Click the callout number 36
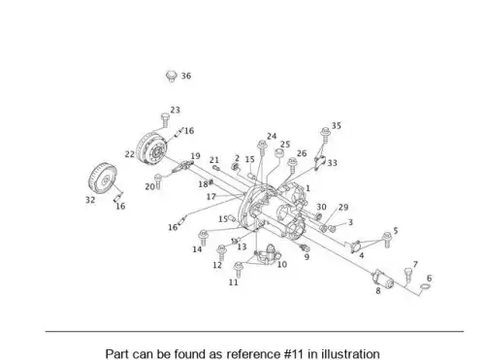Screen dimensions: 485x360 click(186, 76)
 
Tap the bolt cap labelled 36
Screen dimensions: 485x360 click(172, 77)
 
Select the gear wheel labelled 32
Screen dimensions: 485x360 click(102, 180)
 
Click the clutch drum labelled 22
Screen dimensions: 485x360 click(151, 148)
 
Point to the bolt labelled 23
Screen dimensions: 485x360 click(165, 120)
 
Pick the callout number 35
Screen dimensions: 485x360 click(337, 125)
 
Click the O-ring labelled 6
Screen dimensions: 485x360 click(425, 286)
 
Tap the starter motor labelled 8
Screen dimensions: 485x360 click(383, 279)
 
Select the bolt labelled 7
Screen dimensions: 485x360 click(408, 275)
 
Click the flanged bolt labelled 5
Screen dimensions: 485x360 click(387, 240)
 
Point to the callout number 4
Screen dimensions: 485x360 click(362, 255)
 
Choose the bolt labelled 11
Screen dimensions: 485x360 click(239, 269)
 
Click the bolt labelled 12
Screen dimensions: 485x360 click(221, 252)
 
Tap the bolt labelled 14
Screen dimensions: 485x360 click(204, 238)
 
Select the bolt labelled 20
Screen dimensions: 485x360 click(158, 180)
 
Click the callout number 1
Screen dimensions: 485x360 click(307, 188)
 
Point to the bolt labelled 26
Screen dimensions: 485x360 click(292, 165)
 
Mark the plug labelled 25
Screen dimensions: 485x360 click(278, 152)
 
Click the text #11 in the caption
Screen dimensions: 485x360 click(293, 354)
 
